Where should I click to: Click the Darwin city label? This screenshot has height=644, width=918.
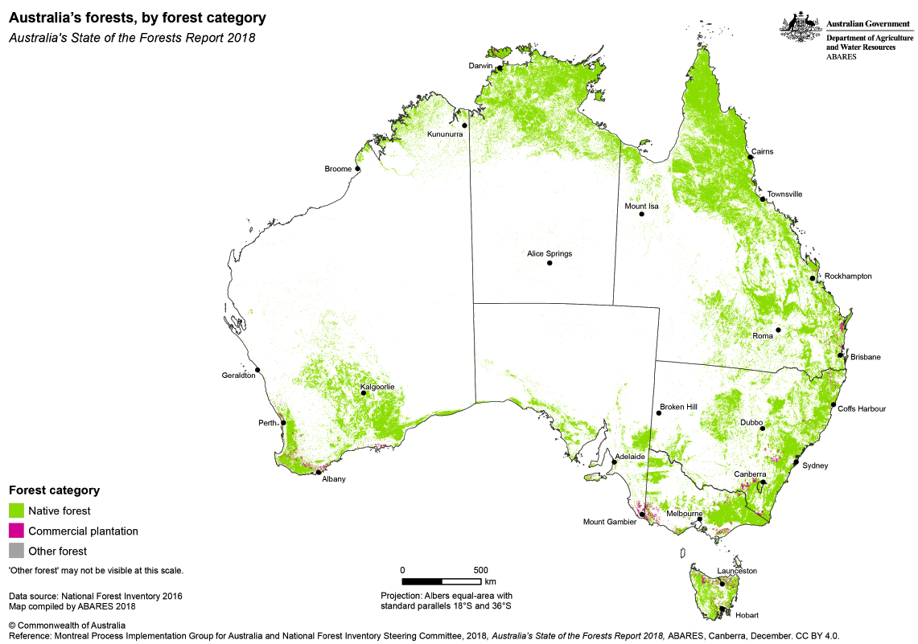(x=481, y=66)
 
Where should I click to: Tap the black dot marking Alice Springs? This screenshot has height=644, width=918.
(x=550, y=263)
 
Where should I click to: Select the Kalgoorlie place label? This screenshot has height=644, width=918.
(x=377, y=387)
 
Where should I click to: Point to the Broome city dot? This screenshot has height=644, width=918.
(x=357, y=169)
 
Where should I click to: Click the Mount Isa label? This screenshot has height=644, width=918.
(x=641, y=207)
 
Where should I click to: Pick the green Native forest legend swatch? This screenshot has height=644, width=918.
(x=15, y=511)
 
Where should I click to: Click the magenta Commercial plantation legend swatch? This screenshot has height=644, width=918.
(x=15, y=531)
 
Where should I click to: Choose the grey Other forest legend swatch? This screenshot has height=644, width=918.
(x=15, y=552)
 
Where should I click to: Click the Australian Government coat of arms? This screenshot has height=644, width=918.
(x=801, y=29)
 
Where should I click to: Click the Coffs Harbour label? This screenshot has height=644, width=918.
(x=861, y=408)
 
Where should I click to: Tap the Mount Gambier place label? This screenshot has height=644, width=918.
(x=609, y=522)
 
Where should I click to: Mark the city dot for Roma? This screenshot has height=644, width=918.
(x=778, y=330)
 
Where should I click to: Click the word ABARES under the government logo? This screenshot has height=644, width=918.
(x=841, y=57)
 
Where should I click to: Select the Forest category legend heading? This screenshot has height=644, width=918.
(x=54, y=490)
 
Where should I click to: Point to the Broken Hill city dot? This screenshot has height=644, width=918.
(x=658, y=413)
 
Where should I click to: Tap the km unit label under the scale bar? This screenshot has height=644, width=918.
(x=490, y=580)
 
